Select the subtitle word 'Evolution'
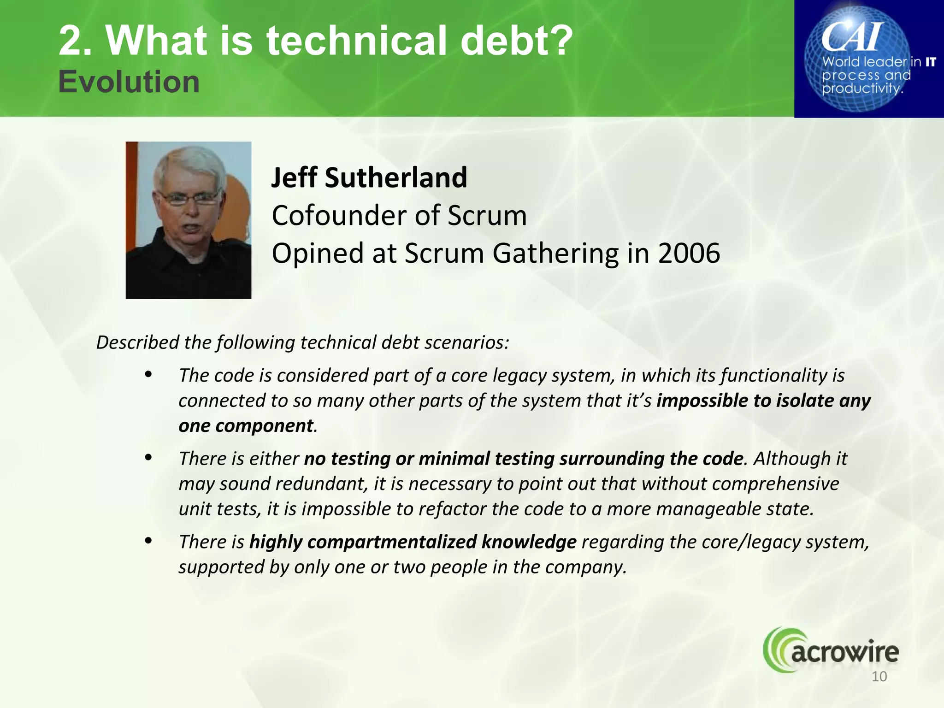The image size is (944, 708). [129, 82]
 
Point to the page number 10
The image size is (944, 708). [879, 677]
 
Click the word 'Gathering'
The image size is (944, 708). [555, 254]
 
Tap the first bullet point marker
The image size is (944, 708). [148, 374]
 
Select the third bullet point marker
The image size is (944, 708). [148, 540]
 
